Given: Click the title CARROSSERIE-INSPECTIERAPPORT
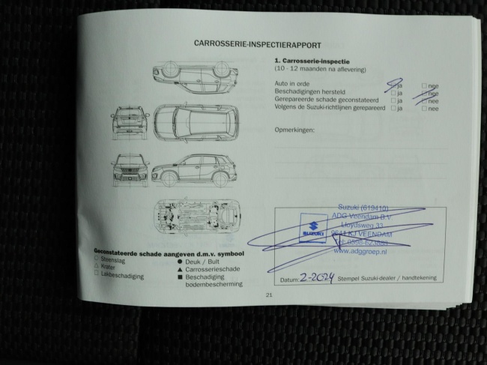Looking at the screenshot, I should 247,44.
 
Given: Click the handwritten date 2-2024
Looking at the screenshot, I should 315,277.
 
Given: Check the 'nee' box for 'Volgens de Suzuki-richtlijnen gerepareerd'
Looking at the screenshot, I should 424,109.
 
